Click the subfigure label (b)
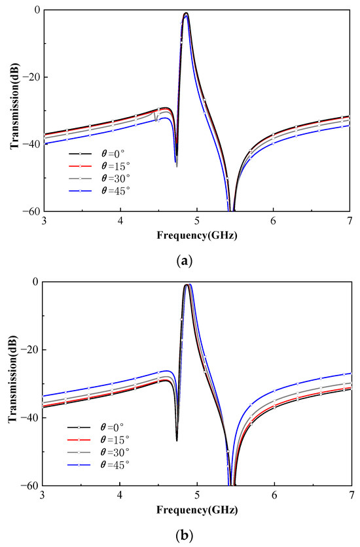coord(185,535)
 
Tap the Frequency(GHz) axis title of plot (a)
coord(196,234)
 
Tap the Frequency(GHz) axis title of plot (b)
coord(196,508)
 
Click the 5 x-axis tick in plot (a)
coord(196,221)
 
